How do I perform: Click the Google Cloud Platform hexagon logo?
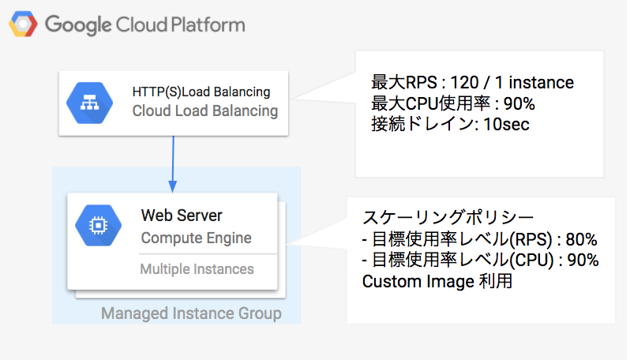24,24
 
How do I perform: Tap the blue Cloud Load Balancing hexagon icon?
89,103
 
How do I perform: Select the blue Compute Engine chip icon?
99,226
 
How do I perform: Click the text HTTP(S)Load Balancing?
201,92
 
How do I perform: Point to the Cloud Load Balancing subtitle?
205,111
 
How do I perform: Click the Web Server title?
182,216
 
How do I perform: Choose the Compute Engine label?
196,238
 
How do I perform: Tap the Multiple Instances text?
197,268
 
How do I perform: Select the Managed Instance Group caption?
191,313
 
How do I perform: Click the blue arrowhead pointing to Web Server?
173,187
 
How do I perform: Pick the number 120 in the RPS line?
464,82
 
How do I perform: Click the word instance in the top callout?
542,82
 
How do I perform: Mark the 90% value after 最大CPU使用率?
519,103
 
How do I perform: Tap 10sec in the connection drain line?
506,125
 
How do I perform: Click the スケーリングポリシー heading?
448,217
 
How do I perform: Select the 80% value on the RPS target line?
581,239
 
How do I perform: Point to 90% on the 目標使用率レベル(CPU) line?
583,261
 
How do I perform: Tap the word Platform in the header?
208,24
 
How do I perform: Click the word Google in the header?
78,25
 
